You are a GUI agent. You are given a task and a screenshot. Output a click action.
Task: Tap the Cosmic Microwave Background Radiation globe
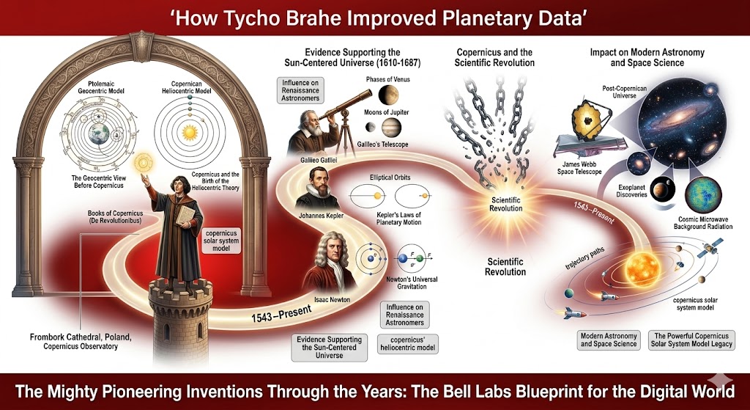699,193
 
